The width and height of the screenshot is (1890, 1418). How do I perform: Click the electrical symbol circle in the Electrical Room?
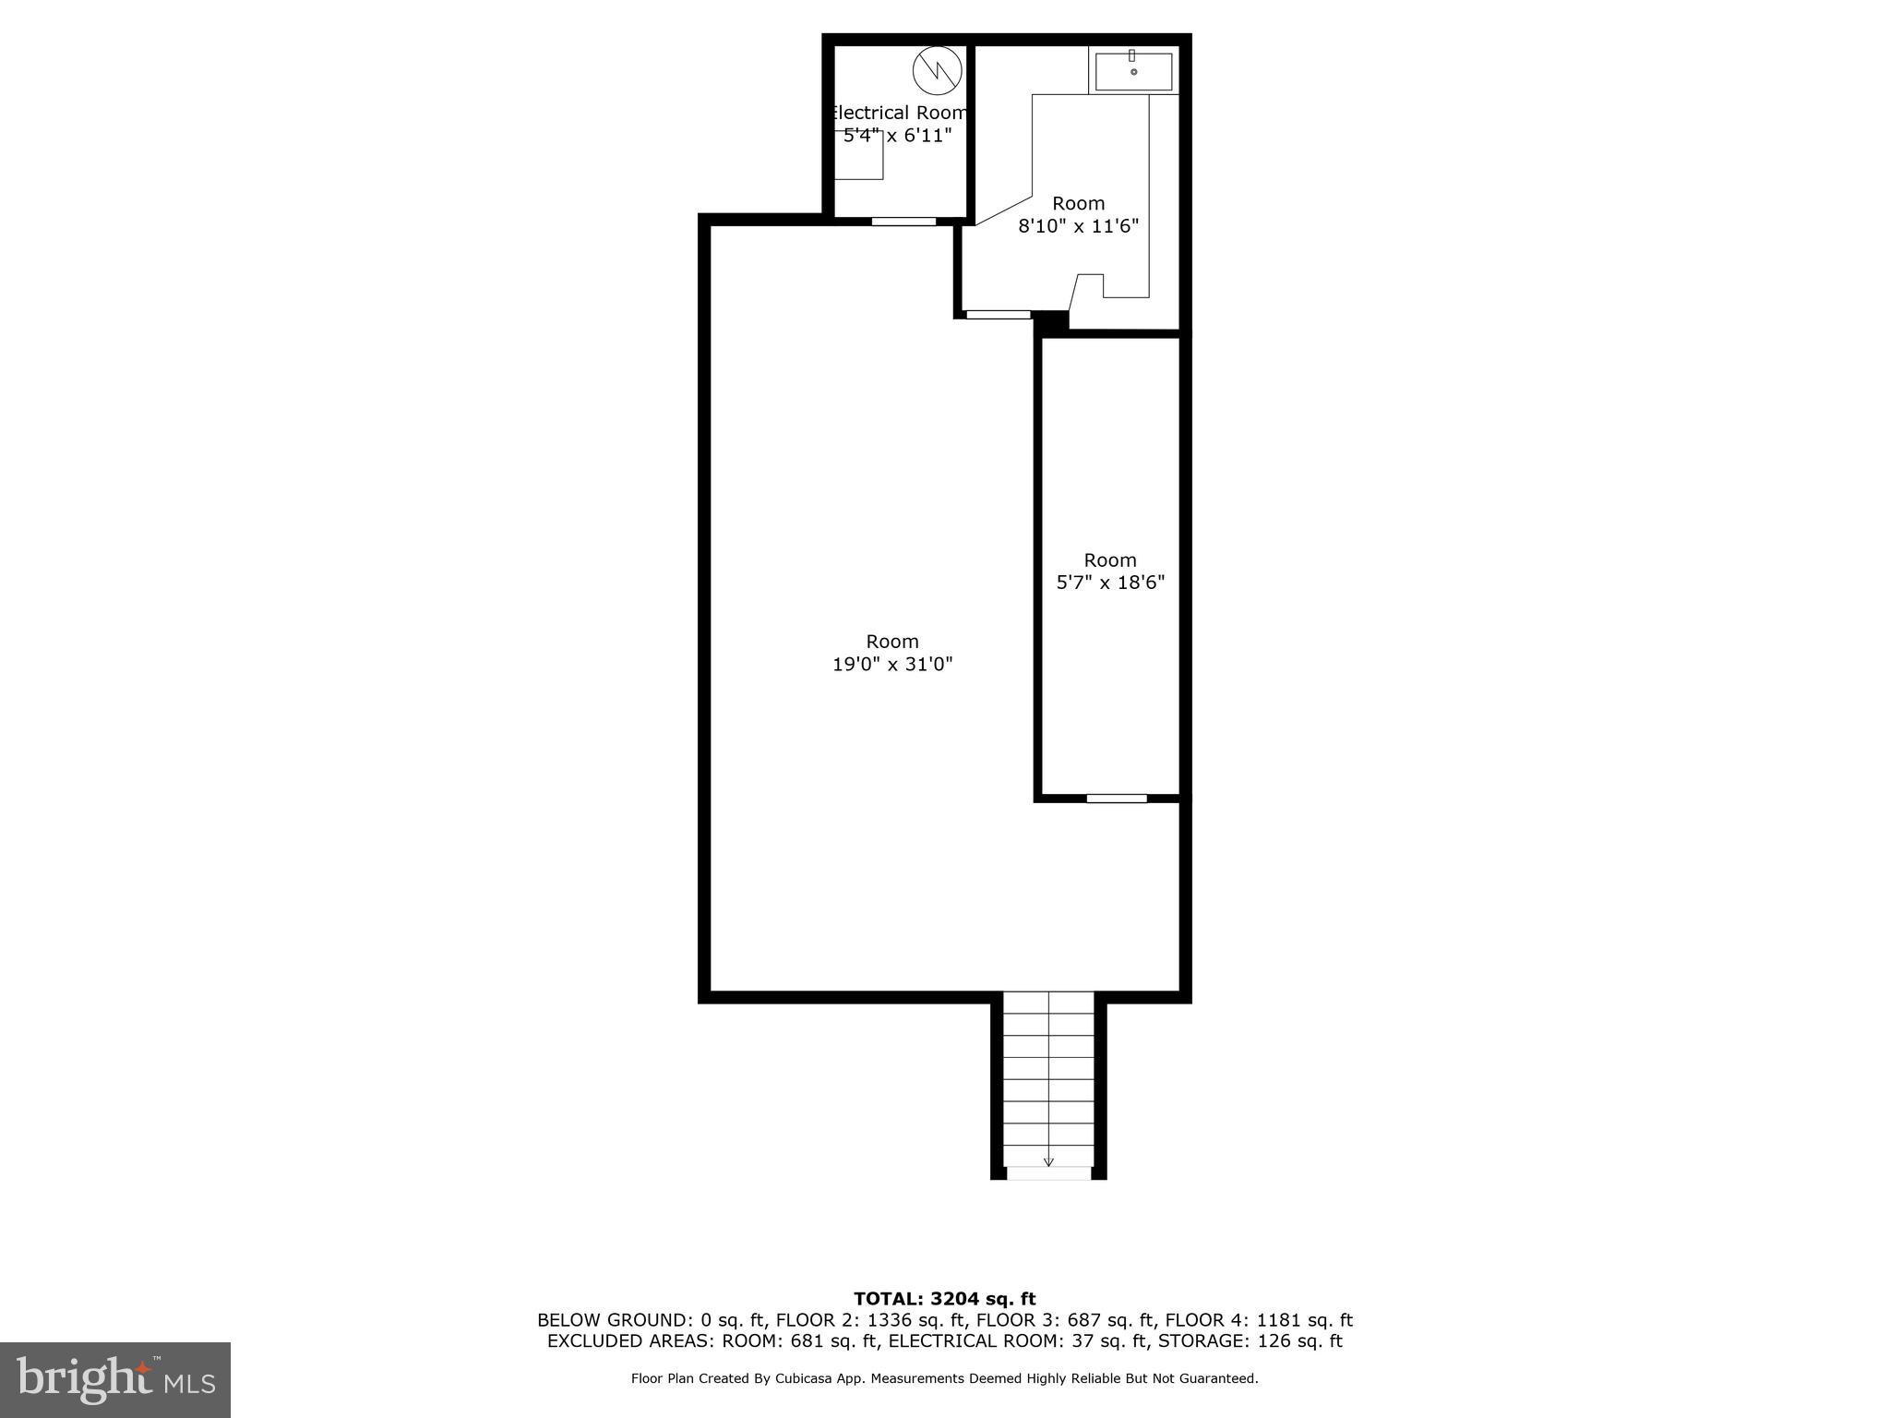coord(937,70)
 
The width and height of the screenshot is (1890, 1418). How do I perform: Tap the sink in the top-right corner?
coord(1133,71)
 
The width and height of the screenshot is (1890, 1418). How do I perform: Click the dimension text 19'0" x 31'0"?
coord(892,664)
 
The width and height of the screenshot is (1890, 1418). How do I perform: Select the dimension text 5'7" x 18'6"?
coord(1110,583)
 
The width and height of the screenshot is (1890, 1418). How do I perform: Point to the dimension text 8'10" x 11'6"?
coord(1079,226)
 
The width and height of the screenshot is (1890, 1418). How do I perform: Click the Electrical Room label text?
coord(898,113)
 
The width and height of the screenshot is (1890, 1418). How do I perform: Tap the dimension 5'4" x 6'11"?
coord(898,136)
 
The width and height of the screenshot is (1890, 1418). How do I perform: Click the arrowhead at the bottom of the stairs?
coord(1048,1161)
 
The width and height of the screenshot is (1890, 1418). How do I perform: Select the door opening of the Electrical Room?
coord(903,222)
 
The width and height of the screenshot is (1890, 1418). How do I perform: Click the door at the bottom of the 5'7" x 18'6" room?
coord(1117,799)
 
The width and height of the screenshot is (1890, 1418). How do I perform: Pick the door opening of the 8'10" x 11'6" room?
coord(998,315)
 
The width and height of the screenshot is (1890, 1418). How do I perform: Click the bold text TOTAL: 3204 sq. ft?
coord(945,1299)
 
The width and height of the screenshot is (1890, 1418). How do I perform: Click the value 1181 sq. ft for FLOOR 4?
coord(1304,1320)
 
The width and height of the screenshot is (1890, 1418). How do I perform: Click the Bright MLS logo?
coord(115,1379)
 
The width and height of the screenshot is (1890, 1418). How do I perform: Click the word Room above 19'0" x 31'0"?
coord(892,642)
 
